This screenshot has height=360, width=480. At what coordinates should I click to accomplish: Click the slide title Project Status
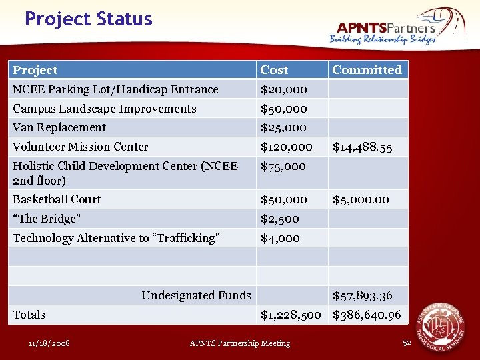tap(88, 19)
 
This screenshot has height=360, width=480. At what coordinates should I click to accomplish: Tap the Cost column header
tap(274, 70)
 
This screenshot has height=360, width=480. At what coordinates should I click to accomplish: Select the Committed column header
tap(367, 70)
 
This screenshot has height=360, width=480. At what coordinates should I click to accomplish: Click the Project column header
tap(35, 70)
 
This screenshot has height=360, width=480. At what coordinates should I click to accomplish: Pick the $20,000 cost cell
tap(283, 89)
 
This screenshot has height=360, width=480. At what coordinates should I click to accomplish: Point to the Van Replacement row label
tap(59, 127)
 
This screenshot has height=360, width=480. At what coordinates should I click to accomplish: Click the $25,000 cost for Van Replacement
tap(283, 127)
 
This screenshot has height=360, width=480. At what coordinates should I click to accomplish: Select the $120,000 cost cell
tap(286, 147)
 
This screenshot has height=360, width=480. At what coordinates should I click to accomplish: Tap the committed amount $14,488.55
tap(362, 147)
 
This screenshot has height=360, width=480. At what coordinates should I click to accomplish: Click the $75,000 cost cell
tap(283, 167)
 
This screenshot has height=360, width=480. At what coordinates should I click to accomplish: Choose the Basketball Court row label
tap(57, 199)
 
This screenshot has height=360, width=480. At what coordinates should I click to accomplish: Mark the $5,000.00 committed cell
tap(361, 199)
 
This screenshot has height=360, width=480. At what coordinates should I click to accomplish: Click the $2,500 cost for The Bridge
tap(279, 219)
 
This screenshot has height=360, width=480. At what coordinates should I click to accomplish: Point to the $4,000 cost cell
tap(280, 238)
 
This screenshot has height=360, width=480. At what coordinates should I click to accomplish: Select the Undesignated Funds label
tap(196, 295)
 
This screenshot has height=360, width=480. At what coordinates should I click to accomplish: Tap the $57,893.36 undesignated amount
tap(362, 295)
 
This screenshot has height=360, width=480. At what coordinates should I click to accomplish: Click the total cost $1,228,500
tap(291, 315)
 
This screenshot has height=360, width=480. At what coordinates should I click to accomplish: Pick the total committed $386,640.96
tap(367, 315)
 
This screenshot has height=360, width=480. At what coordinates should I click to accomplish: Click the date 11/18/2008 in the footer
tap(49, 343)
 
